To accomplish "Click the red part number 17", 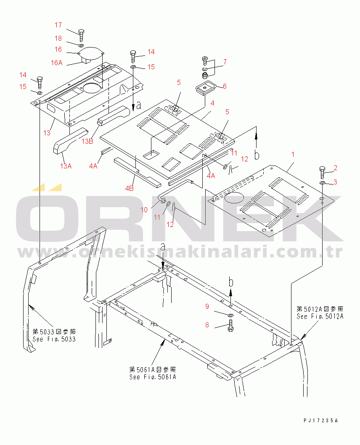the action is (58, 25).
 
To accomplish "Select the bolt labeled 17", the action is (81, 35).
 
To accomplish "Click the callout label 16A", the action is (56, 63).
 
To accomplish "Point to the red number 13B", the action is (87, 141).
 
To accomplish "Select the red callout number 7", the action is (225, 62).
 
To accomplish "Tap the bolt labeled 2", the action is (322, 173).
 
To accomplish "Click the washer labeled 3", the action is (323, 182).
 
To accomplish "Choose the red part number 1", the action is (293, 155).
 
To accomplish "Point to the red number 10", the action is (144, 210).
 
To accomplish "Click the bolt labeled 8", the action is (231, 325).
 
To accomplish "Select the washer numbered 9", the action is (231, 315).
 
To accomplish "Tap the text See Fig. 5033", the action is (54, 339).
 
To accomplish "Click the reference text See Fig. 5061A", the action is (153, 377).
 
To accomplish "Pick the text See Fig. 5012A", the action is (320, 316).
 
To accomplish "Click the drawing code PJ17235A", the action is (320, 421).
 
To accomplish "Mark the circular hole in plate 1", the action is (235, 197).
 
